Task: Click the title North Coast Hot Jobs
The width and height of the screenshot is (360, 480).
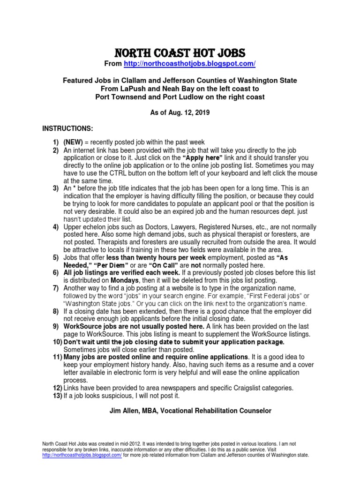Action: (180, 52)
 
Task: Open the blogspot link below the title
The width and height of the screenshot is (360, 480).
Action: (189, 63)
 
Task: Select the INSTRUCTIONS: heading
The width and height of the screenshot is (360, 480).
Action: (68, 128)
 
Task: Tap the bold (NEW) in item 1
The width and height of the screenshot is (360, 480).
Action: (73, 142)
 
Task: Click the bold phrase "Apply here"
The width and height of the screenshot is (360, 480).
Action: (204, 158)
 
